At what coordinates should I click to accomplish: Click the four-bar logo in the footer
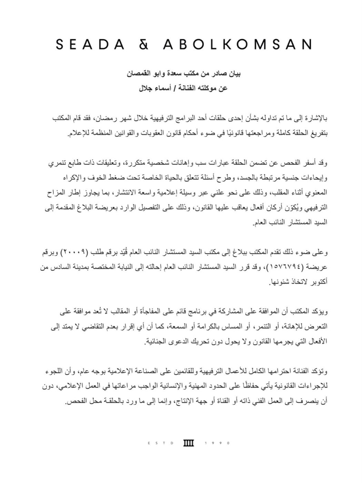188,443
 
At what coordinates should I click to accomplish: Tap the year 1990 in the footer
217,443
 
